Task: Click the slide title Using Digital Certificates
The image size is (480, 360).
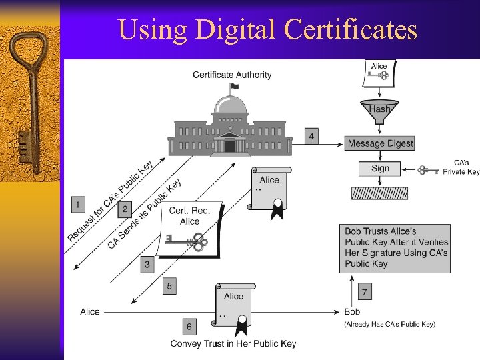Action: coord(267,29)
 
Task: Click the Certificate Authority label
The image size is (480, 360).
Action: coord(232,75)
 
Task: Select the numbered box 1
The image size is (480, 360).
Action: coord(79,204)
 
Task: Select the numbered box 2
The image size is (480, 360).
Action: coord(124,209)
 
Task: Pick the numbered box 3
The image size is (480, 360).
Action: coord(147,265)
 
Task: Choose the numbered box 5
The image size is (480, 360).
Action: coord(170,286)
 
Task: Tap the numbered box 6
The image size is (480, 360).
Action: coord(189,326)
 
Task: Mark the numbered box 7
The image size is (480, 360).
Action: coord(365,292)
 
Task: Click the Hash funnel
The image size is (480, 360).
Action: coord(379,111)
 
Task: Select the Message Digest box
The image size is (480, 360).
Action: coord(380,143)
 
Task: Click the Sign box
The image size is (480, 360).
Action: coord(380,168)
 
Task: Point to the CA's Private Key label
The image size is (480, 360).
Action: coord(461,167)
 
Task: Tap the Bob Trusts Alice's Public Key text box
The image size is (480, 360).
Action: coord(395,247)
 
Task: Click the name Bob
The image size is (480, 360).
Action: coord(352,311)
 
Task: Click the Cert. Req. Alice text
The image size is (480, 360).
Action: coord(189,216)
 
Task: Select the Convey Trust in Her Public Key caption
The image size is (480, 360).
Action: coord(233,343)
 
